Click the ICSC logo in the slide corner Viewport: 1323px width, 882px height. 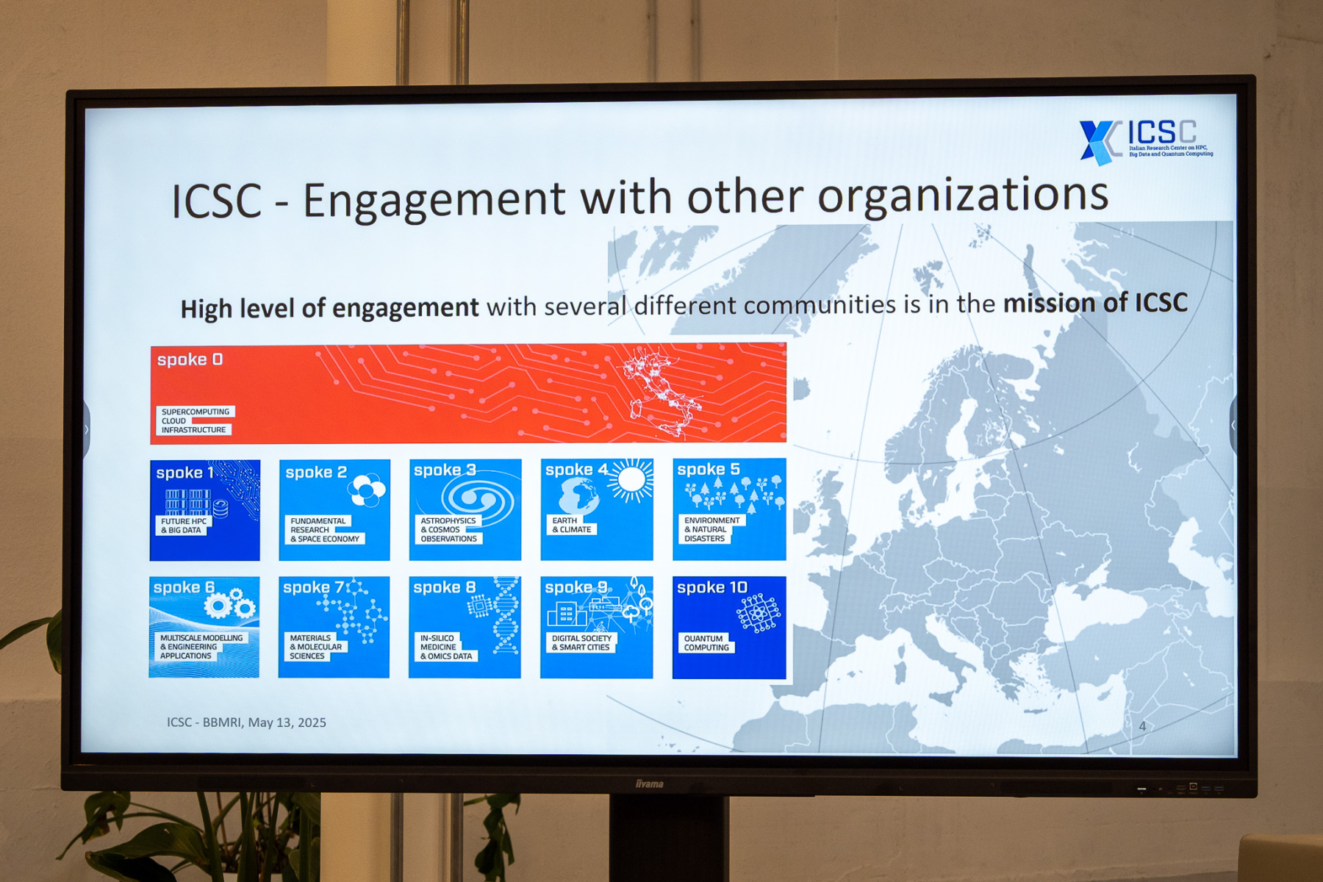[x=1145, y=141]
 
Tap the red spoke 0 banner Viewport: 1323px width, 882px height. [x=468, y=393]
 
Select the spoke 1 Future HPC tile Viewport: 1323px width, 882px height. [x=205, y=510]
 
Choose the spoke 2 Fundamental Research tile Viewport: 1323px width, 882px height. [x=334, y=510]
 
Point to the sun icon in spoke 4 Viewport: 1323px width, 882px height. [x=630, y=480]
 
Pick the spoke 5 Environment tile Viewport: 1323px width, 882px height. [x=729, y=509]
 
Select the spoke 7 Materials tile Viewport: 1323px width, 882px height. [x=334, y=627]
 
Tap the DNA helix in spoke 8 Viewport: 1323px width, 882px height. [x=505, y=615]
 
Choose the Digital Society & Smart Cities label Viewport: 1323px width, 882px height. [x=581, y=643]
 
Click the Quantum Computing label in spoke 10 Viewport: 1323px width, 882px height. [x=706, y=643]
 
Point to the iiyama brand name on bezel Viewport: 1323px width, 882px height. [x=650, y=784]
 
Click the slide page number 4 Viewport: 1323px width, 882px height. [x=1142, y=726]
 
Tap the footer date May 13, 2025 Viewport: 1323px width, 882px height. [x=287, y=723]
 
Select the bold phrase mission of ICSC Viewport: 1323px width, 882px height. [x=1095, y=303]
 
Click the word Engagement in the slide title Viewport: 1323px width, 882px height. [x=434, y=201]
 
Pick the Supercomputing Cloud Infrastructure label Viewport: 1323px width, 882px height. [x=195, y=420]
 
